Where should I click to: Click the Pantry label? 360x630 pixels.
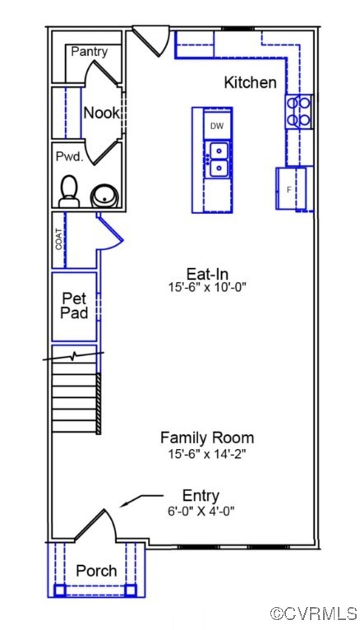[89, 51]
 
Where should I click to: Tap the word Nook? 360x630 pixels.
[101, 113]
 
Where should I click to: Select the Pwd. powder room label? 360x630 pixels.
[69, 156]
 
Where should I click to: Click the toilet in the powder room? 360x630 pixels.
[69, 191]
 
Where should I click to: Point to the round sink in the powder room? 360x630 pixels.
[104, 196]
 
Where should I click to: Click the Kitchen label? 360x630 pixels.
[250, 83]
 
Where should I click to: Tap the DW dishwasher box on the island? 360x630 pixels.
[217, 126]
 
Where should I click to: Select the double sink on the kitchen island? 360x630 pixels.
[218, 160]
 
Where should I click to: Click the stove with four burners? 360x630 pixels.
[298, 111]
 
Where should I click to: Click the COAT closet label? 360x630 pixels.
[58, 239]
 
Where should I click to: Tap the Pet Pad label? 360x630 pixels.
[75, 306]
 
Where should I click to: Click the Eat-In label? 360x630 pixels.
[205, 274]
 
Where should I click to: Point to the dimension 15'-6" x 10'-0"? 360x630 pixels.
[205, 288]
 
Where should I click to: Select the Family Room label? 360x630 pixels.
[206, 438]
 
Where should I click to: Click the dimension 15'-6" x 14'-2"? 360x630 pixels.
[206, 453]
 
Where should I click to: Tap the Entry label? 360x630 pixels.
[201, 495]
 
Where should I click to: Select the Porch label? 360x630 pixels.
[96, 571]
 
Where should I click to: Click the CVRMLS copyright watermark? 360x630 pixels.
[313, 614]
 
